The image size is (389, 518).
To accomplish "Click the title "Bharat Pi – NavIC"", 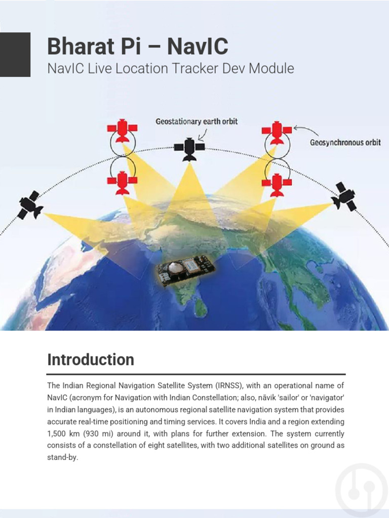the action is pyautogui.click(x=137, y=47).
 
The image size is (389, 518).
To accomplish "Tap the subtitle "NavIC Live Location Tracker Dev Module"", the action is pyautogui.click(x=170, y=68).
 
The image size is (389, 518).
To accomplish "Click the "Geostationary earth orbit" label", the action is pyautogui.click(x=197, y=121).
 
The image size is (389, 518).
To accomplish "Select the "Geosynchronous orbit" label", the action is pyautogui.click(x=345, y=143).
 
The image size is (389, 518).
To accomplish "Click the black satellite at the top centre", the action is pyautogui.click(x=189, y=147).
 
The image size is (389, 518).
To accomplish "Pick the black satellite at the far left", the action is pyautogui.click(x=30, y=205).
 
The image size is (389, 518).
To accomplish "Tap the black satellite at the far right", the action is pyautogui.click(x=344, y=196).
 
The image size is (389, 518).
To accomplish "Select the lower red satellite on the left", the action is pyautogui.click(x=122, y=182).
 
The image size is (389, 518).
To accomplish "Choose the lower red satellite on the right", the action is pyautogui.click(x=277, y=184).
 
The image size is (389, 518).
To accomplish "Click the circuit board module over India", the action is pyautogui.click(x=185, y=268).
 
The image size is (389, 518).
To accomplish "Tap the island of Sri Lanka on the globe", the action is pyautogui.click(x=201, y=307).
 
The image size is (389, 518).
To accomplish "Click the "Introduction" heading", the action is pyautogui.click(x=91, y=360).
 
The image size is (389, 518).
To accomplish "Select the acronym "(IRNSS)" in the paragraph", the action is pyautogui.click(x=228, y=385).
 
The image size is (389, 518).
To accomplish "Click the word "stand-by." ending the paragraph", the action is pyautogui.click(x=63, y=458).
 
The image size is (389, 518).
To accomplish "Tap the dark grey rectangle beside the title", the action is pyautogui.click(x=15, y=55).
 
